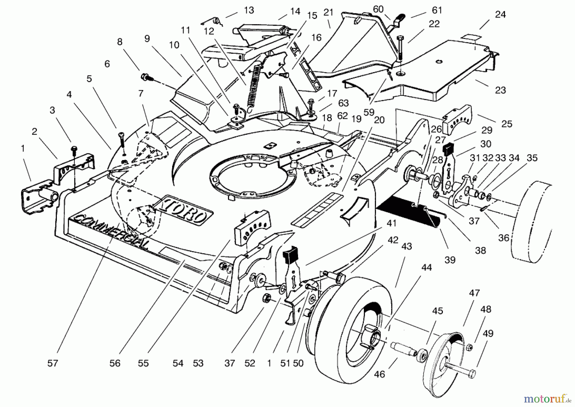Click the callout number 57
coord(53,363)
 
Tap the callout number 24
coord(500,15)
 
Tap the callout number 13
coord(249,11)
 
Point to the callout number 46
coord(379,374)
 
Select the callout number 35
coord(532,158)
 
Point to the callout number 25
coord(507,124)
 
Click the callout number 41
coord(391,224)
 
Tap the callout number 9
coord(147,39)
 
